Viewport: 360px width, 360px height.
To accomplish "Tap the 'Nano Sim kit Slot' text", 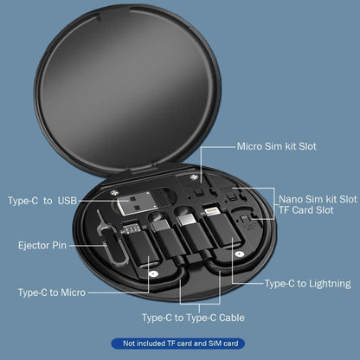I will (316, 199).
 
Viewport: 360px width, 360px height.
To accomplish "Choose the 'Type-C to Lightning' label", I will (307, 283).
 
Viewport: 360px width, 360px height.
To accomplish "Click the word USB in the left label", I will (67, 201).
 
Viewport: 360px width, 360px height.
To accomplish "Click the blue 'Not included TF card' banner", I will (180, 344).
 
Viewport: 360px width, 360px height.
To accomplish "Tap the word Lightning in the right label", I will (327, 283).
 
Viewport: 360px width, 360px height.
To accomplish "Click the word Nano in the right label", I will (292, 199).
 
